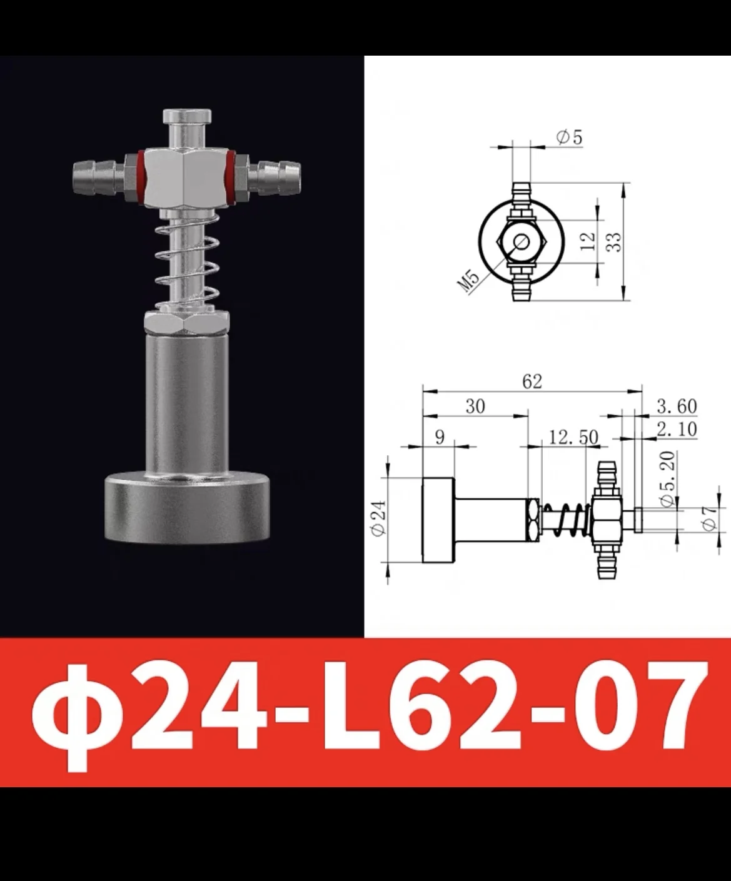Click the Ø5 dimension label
tap(569, 137)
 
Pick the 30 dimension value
tap(475, 406)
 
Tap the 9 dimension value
tap(440, 436)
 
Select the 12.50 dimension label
tap(573, 437)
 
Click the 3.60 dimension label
tap(677, 406)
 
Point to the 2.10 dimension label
tap(677, 429)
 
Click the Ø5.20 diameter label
tap(667, 480)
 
